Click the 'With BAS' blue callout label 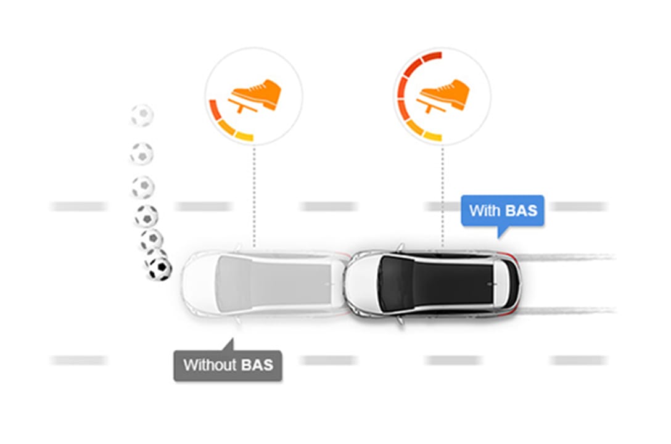click(x=503, y=210)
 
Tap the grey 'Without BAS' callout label click(x=228, y=365)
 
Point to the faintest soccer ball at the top click(x=142, y=115)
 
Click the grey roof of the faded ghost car click(x=274, y=282)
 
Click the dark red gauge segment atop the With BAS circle click(x=431, y=57)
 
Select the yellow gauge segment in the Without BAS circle click(x=244, y=136)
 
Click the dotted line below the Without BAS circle click(x=254, y=197)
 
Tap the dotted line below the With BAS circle click(x=442, y=197)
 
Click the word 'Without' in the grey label click(x=210, y=365)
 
